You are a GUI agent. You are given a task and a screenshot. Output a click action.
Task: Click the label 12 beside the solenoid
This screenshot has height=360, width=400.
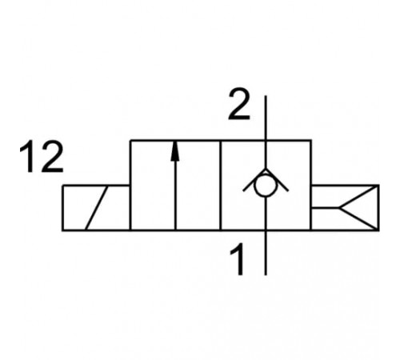click(x=42, y=157)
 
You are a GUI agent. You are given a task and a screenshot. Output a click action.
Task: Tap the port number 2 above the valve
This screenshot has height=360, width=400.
click(x=239, y=104)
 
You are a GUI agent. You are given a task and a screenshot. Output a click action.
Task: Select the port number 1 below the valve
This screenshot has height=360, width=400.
click(x=238, y=259)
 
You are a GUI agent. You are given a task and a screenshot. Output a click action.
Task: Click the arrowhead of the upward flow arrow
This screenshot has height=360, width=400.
click(x=175, y=151)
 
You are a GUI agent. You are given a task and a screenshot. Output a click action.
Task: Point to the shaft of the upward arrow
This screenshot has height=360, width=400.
click(x=175, y=195)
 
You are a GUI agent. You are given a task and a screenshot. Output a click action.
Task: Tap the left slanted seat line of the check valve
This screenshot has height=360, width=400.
click(x=254, y=180)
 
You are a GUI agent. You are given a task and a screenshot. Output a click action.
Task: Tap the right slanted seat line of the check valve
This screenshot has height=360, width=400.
click(x=277, y=180)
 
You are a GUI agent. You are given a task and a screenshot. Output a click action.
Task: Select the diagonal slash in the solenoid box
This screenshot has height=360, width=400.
click(x=97, y=207)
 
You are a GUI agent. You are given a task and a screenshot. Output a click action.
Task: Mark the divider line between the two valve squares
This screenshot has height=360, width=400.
click(x=221, y=185)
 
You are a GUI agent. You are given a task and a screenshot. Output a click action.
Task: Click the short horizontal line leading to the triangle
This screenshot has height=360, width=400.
click(x=326, y=207)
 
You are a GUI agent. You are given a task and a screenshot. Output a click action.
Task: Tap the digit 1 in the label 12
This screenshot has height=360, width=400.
click(x=29, y=157)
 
